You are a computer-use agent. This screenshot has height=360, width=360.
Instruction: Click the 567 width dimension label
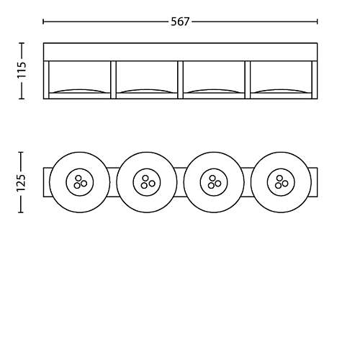[180, 22]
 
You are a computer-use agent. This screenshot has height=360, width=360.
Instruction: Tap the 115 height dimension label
[22, 70]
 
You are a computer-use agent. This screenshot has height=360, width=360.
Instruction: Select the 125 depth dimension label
[21, 183]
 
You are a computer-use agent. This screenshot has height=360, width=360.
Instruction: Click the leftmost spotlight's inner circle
[80, 182]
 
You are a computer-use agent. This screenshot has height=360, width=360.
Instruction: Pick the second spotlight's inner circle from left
[147, 182]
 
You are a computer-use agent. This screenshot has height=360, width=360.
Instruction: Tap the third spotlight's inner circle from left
[214, 182]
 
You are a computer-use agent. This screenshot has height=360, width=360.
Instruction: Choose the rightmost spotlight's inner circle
[281, 182]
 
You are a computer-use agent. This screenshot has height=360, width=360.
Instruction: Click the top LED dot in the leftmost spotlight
[78, 178]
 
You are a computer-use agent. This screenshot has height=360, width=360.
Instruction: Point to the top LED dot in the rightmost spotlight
[279, 178]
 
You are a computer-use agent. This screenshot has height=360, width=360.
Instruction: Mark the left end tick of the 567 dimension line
[43, 22]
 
